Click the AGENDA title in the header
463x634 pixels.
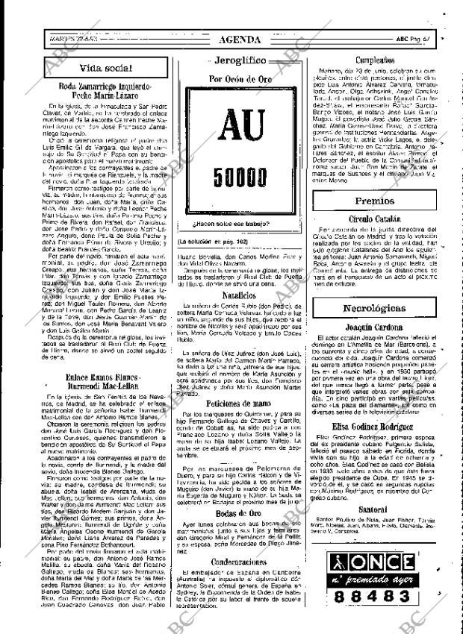click(x=240, y=39)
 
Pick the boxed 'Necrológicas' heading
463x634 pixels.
click(x=375, y=308)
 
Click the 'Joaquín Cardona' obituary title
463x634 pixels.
click(x=375, y=327)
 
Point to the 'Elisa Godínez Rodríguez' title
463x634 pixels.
click(x=375, y=447)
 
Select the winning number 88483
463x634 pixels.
click(x=375, y=617)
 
